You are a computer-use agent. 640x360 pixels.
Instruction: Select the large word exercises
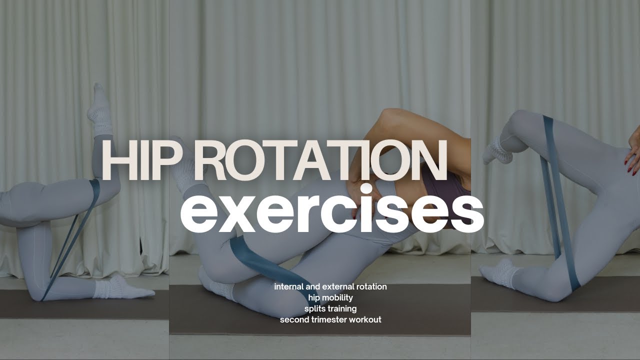tap(331, 210)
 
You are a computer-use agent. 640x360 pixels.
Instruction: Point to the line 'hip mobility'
tap(330, 297)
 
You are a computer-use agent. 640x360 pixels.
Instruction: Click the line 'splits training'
tap(330, 308)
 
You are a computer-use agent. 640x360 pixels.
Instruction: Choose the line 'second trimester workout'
tap(330, 319)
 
